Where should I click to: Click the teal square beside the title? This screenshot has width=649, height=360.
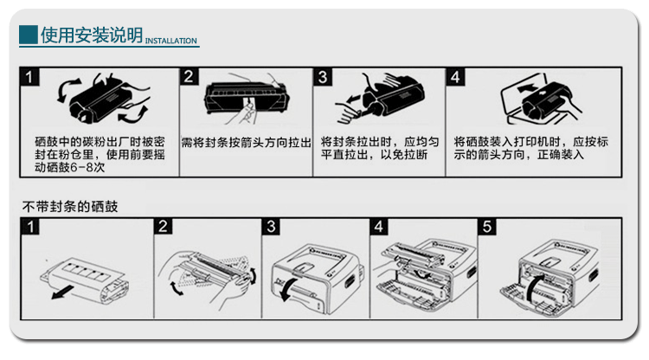pos(29,35)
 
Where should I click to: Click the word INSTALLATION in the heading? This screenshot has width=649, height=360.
pos(171,41)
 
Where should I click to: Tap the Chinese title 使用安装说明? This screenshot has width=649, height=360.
pos(92,35)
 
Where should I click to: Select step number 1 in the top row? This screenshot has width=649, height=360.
pos(29,77)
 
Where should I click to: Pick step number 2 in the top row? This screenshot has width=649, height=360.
pos(189,76)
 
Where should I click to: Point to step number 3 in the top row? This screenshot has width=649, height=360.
pos(323,77)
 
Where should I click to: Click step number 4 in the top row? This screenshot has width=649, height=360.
pos(455,77)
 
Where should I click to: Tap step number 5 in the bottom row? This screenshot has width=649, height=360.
pos(486,227)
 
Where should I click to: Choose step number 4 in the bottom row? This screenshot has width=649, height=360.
pos(379,227)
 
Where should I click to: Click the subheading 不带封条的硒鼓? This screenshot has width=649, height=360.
pos(70,206)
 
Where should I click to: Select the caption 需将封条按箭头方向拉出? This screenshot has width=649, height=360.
pos(246,143)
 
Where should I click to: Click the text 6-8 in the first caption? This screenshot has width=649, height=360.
pos(82,168)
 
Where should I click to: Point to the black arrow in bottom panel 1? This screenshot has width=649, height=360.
pos(63,293)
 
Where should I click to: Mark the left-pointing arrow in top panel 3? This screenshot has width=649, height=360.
pos(354,99)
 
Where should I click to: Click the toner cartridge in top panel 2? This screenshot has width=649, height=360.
pos(246,98)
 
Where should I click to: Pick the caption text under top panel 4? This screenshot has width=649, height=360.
pos(531,148)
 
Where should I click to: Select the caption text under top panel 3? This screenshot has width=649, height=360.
pos(380,148)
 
